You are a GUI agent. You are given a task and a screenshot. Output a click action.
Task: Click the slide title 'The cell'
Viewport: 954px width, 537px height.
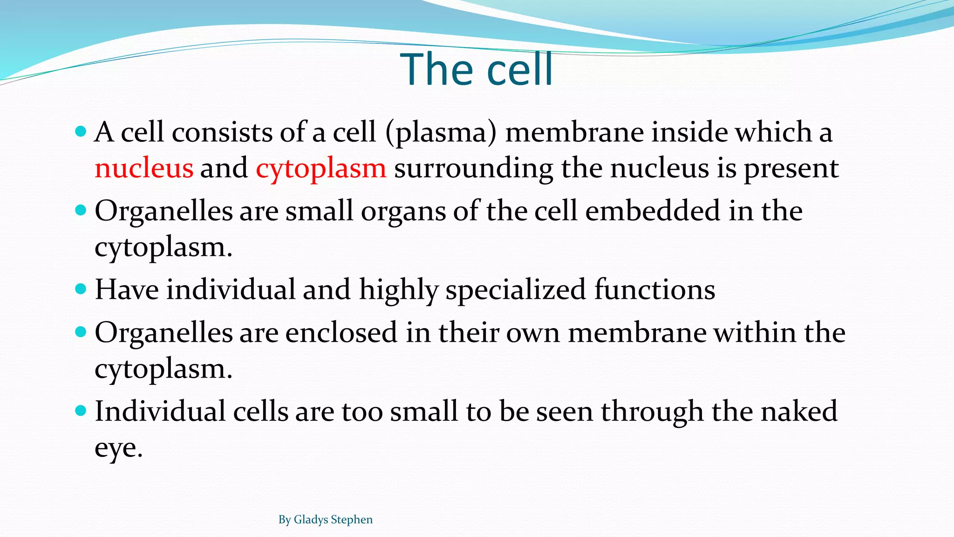click(x=476, y=70)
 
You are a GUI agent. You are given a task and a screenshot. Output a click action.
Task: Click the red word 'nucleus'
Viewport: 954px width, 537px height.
click(x=144, y=168)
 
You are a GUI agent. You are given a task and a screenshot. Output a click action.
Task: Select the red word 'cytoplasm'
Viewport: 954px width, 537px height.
click(x=321, y=168)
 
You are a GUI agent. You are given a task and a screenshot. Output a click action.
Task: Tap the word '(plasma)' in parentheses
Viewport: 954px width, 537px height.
click(x=441, y=132)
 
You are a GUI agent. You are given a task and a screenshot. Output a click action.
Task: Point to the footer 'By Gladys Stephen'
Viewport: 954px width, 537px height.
click(x=325, y=519)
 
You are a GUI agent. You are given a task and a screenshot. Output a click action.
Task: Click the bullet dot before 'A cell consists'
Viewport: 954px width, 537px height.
click(x=81, y=131)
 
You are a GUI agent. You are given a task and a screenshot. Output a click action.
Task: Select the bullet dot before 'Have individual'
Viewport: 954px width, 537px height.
click(x=81, y=289)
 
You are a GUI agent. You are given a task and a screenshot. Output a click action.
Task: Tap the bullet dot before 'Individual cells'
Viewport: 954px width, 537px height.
click(x=81, y=411)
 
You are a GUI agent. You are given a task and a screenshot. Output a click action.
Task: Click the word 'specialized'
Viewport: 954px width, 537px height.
click(x=516, y=290)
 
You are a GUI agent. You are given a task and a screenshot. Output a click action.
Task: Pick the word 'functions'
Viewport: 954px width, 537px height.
click(x=654, y=290)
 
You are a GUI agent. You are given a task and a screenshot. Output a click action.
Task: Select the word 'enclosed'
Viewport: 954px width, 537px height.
click(x=341, y=333)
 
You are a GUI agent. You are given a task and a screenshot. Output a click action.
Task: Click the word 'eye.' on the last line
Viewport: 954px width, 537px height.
click(x=118, y=448)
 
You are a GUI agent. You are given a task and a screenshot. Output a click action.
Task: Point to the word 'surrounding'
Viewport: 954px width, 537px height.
click(x=473, y=168)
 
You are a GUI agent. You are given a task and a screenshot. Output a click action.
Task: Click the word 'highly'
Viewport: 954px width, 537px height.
click(x=398, y=290)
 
